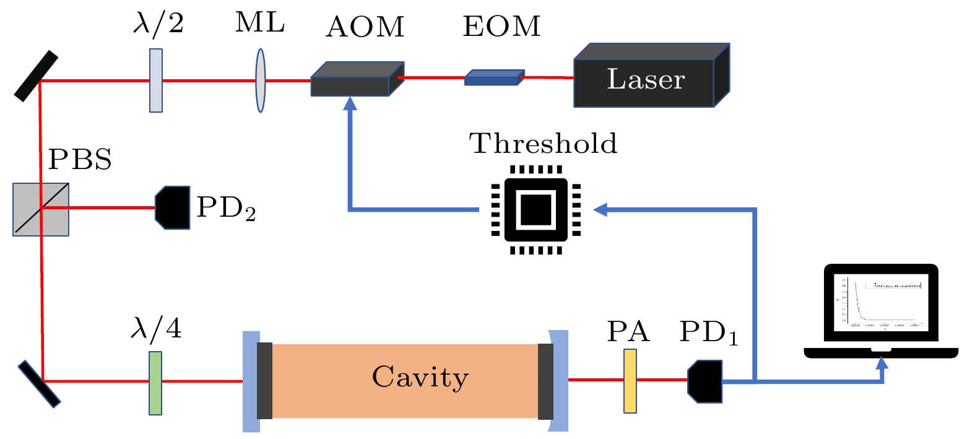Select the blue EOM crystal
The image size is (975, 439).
point(493,77)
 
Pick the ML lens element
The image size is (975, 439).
point(261,80)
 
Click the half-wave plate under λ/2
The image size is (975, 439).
point(156,80)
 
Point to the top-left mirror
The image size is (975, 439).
point(36,76)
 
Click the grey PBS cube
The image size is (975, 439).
point(41,209)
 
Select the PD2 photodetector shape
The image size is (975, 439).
point(173,207)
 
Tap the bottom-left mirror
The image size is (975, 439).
point(39,384)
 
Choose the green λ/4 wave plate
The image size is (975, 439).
point(155,383)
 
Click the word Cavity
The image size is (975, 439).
point(420,376)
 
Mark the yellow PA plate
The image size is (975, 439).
point(630,381)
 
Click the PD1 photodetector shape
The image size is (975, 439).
point(706,381)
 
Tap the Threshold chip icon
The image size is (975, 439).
point(536,209)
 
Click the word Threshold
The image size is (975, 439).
point(543,144)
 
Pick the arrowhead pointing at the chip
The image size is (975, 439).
point(600,210)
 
